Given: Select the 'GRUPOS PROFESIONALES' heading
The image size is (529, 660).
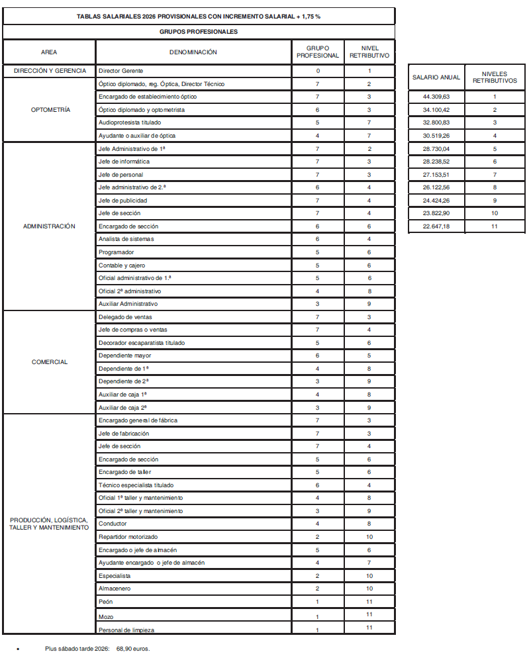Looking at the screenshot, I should coord(199,31).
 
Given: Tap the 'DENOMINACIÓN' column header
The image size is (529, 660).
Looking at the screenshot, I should coord(193,52).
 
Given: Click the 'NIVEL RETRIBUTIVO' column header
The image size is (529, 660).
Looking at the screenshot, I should coord(369,52).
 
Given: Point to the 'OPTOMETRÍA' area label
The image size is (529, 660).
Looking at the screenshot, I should coord(50,110).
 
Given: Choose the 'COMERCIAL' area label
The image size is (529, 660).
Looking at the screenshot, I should coord(50,362).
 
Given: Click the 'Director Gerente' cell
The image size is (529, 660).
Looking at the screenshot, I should coord(120,71).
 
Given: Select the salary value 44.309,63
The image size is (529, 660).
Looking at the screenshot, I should coord(436,97).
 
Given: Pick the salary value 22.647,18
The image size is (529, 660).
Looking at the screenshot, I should coord(436,226).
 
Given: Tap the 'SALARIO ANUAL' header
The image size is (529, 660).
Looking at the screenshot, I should coord(436,78).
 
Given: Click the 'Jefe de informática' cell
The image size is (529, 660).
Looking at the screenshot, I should coord(124,162).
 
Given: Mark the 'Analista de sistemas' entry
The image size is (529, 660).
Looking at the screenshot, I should coord(126,239).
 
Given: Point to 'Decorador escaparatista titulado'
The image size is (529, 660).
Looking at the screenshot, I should coord(142,343).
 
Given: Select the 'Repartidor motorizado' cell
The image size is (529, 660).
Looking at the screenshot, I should coord(128,537).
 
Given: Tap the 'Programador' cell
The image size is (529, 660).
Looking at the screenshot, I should coord(116,252).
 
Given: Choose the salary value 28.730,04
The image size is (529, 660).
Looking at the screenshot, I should coord(436,149).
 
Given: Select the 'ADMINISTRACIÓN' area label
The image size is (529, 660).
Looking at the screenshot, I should coord(50,226).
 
